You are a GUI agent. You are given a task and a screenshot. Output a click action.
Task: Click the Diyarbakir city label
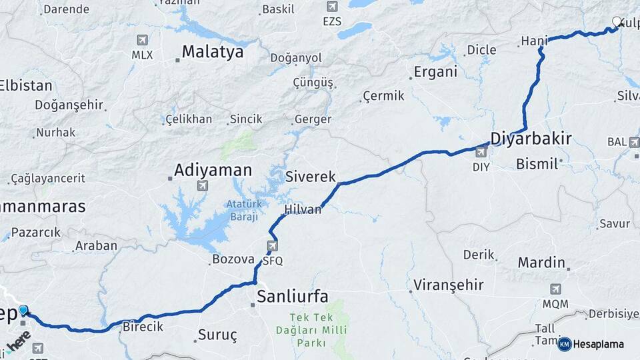point(531,139)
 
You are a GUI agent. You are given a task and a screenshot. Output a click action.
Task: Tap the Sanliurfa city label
point(292,297)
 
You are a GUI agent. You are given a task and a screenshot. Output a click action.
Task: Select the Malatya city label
point(213,52)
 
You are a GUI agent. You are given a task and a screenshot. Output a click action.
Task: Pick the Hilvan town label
point(303,209)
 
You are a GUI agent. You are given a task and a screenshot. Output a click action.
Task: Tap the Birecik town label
point(143,327)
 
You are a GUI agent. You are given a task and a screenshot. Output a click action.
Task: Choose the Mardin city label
point(541,262)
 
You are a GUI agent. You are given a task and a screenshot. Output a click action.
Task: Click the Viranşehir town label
point(448,285)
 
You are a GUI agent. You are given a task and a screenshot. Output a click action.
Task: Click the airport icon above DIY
point(481,153)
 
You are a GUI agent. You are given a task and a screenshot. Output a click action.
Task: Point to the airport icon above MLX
point(141,40)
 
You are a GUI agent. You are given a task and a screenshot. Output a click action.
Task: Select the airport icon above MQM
point(555,289)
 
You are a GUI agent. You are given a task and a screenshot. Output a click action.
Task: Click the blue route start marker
point(24,310)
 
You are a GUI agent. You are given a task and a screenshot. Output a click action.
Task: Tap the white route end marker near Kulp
point(617,22)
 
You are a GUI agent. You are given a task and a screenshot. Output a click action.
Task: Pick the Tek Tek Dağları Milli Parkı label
point(308,331)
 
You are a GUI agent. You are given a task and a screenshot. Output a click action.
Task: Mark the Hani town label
point(533,41)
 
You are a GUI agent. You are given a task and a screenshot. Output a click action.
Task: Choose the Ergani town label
point(435,72)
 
